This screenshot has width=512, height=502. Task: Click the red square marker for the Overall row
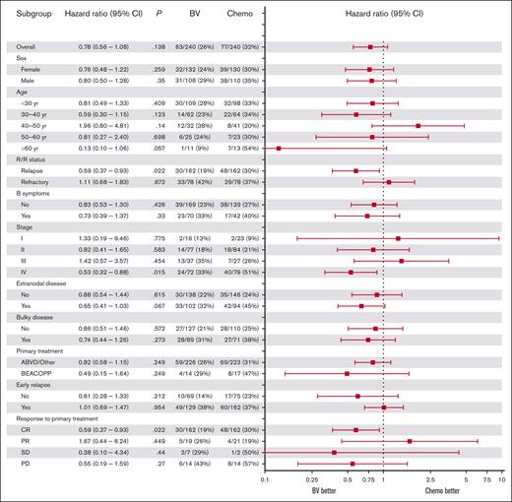point(370,46)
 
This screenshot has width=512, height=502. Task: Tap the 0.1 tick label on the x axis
point(264,481)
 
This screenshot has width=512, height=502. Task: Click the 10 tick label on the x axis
point(502,481)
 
